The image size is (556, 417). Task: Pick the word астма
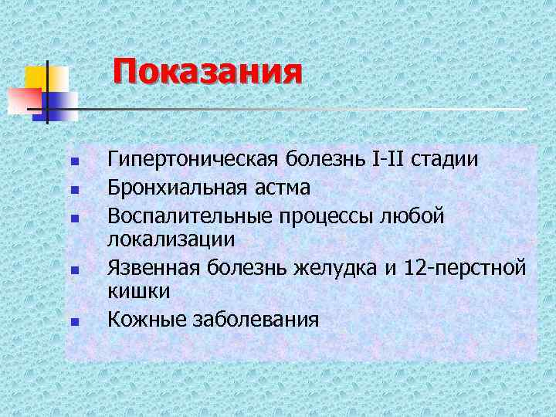[280, 187]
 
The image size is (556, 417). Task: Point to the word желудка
[347, 266]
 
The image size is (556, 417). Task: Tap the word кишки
[139, 292]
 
